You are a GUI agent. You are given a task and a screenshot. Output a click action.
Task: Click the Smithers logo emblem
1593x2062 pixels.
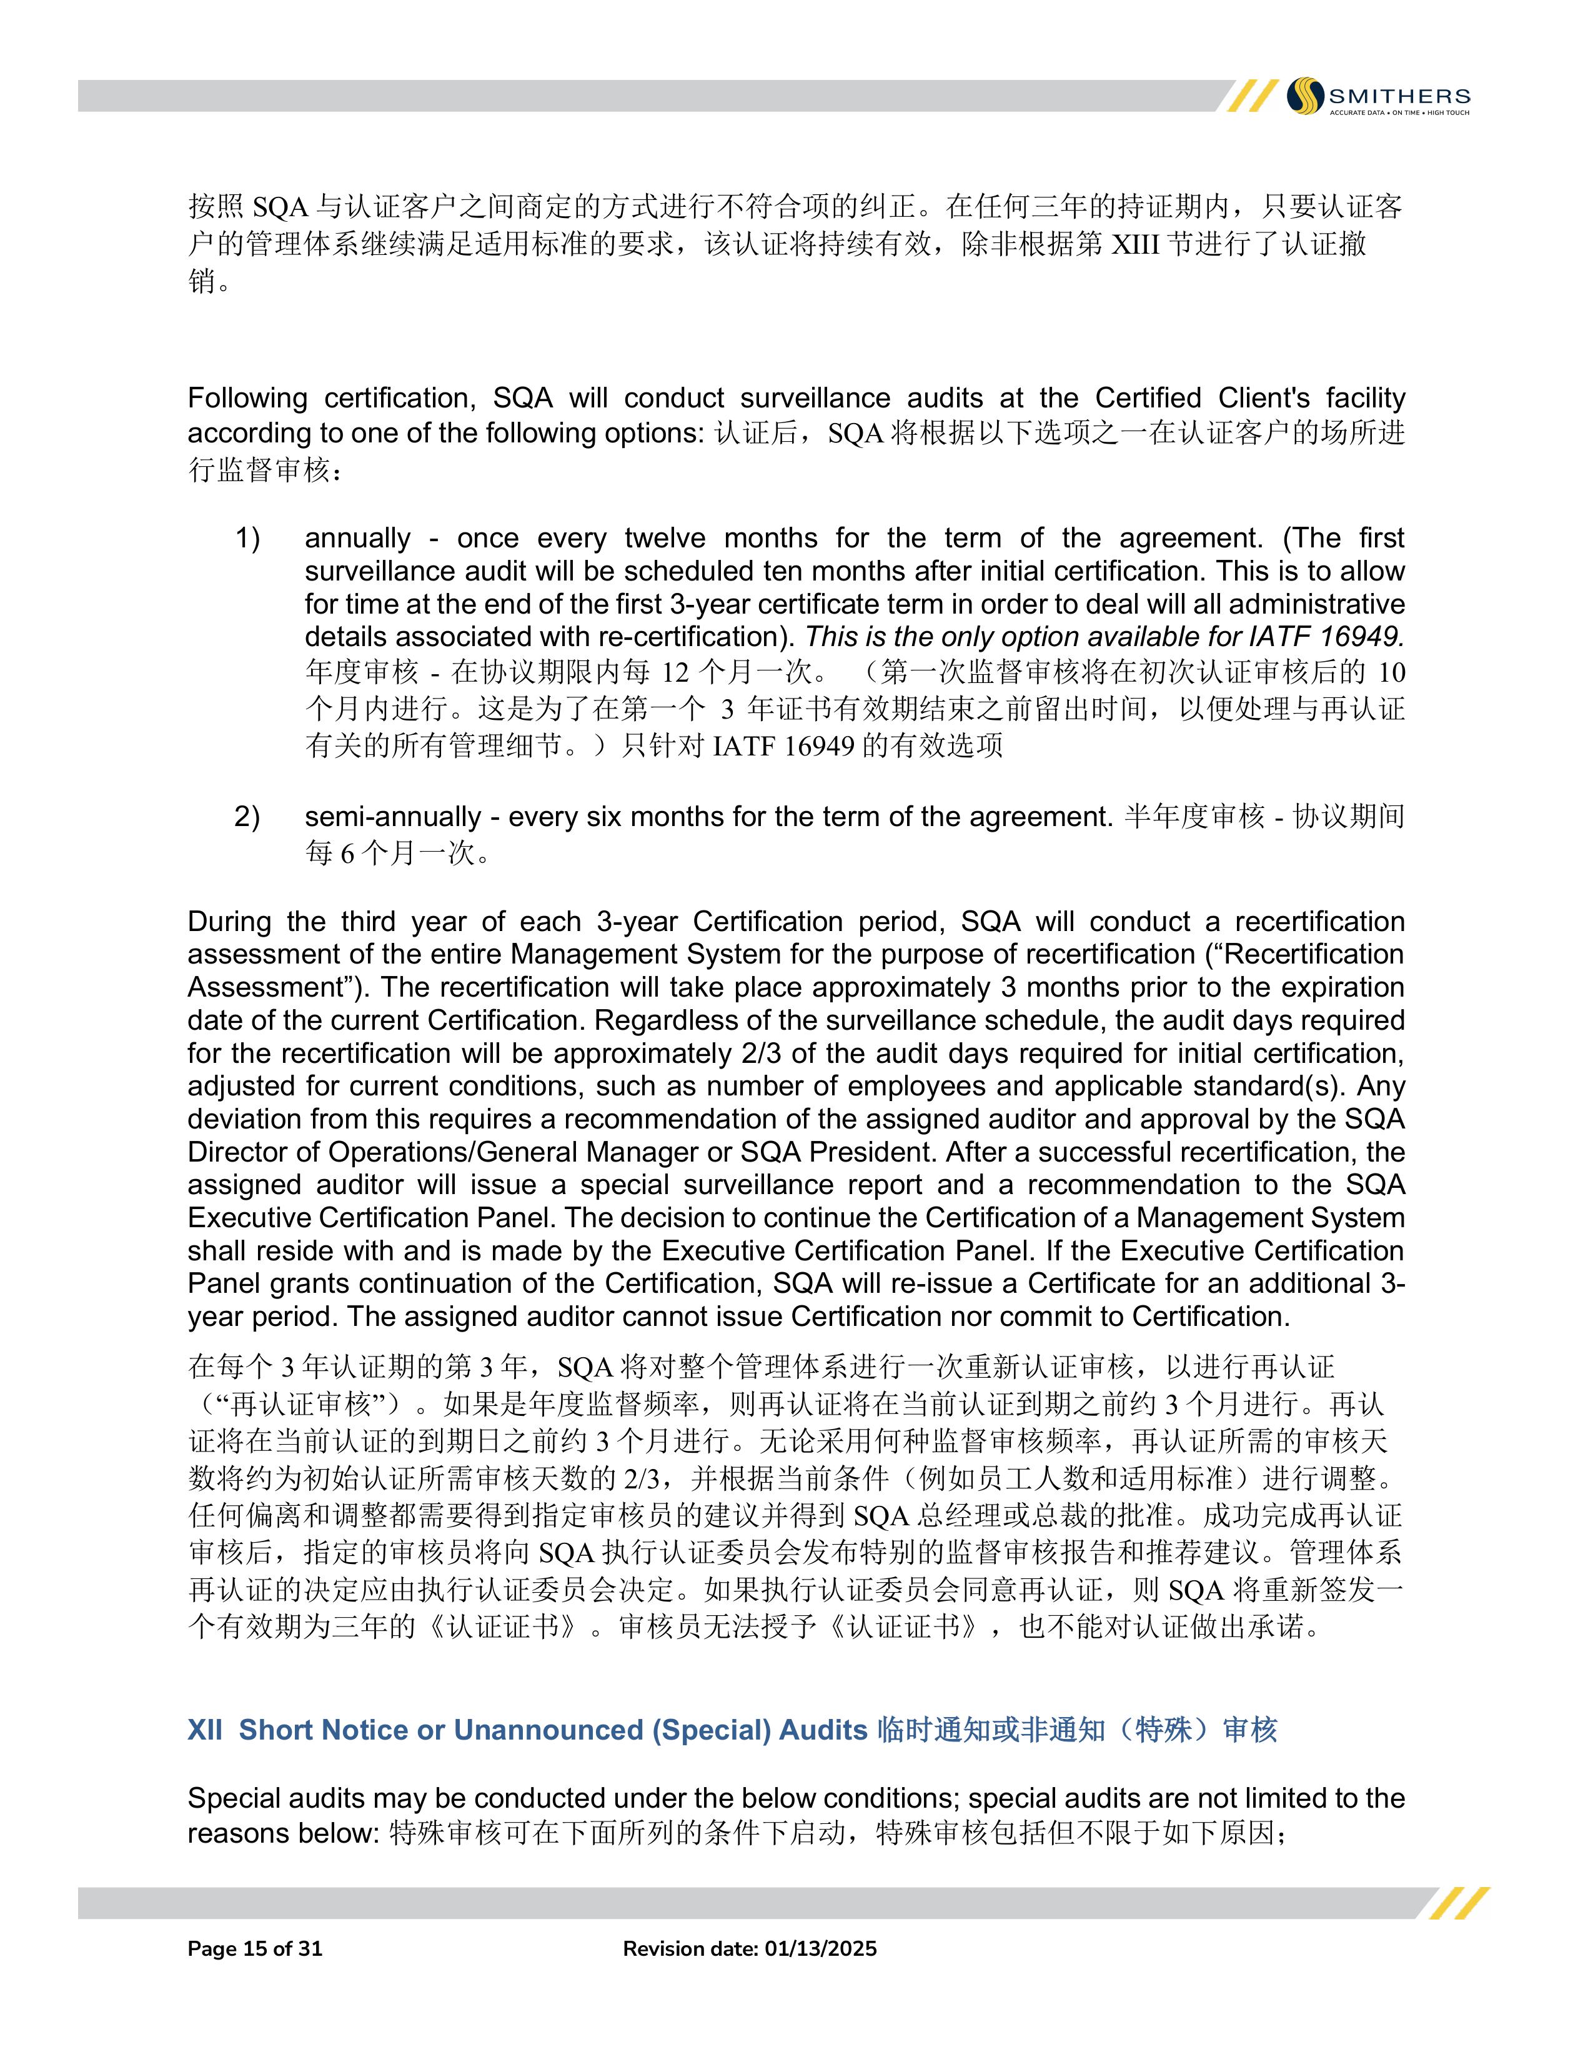coord(1306,96)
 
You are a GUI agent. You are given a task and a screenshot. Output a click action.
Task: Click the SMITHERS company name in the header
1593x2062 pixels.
coord(1399,96)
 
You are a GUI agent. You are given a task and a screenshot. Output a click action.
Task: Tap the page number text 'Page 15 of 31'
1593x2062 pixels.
coord(255,1949)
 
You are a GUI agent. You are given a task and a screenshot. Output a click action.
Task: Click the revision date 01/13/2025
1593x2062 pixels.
coord(820,1949)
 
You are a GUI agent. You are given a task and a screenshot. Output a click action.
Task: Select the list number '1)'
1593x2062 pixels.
coord(247,538)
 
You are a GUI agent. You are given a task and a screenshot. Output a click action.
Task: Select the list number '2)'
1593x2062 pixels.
coord(247,817)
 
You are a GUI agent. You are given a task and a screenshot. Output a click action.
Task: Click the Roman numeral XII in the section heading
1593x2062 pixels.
coord(205,1730)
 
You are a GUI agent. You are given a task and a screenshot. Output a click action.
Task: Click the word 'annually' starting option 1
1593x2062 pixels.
coord(358,538)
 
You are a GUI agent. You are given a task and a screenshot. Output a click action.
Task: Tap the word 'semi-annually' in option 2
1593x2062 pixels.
coord(392,817)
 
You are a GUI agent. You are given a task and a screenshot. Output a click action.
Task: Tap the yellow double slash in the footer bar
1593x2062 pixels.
coord(1458,1903)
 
